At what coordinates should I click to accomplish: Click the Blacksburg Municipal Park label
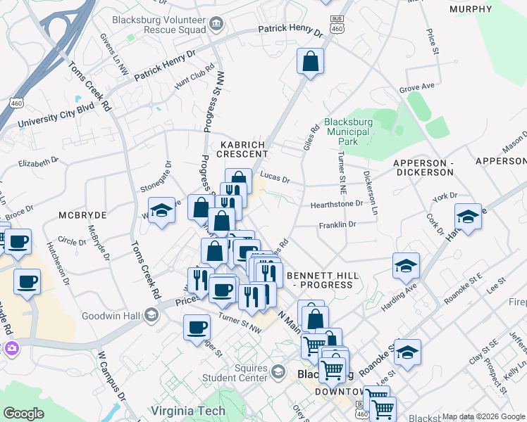pyautogui.click(x=347, y=131)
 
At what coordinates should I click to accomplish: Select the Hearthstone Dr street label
pyautogui.click(x=337, y=204)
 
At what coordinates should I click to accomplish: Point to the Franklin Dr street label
pyautogui.click(x=338, y=224)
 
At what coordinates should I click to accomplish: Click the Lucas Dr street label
pyautogui.click(x=275, y=179)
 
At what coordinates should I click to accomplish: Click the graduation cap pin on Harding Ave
pyautogui.click(x=405, y=266)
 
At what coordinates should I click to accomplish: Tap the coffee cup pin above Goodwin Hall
pyautogui.click(x=27, y=282)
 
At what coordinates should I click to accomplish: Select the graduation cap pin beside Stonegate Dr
pyautogui.click(x=161, y=210)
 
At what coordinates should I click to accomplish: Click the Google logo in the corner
pyautogui.click(x=23, y=414)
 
